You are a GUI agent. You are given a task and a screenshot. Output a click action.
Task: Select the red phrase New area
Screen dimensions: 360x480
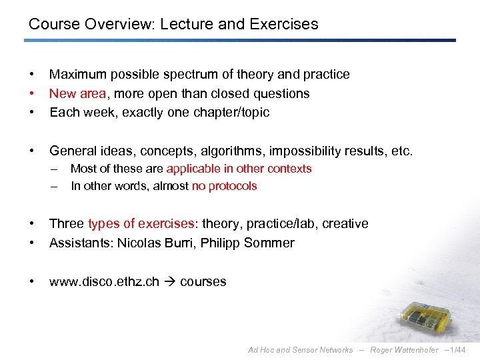76,93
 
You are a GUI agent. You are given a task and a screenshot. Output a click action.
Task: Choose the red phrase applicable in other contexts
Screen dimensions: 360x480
239,169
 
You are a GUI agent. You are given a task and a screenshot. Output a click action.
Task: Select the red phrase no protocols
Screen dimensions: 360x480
224,186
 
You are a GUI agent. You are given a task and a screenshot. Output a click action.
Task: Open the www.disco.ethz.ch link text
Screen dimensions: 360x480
104,281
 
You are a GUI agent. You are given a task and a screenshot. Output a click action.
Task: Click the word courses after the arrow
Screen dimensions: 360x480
203,281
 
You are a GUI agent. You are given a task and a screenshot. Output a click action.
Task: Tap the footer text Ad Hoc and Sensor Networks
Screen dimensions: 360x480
300,350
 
